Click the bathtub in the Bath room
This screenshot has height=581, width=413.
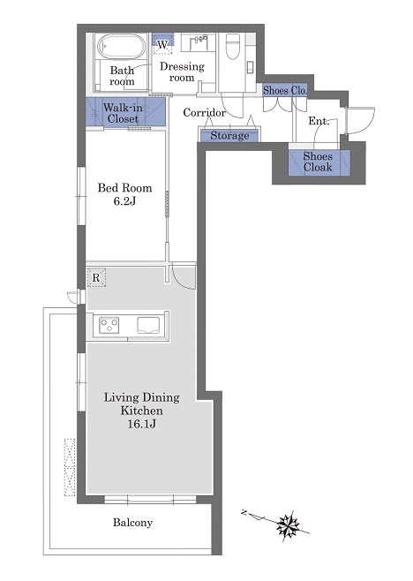121,47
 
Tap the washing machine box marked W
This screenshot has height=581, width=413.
162,45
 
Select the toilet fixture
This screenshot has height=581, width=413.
233,46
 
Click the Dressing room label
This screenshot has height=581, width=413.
182,72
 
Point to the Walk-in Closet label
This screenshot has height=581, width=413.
123,113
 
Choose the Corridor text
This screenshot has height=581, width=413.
204,112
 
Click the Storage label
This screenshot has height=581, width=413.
229,136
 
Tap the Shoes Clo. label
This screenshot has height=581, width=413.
285,90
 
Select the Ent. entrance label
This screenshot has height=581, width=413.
319,121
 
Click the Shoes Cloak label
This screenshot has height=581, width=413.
318,162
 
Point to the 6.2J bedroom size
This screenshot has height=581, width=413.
124,201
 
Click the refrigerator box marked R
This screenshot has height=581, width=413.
96,278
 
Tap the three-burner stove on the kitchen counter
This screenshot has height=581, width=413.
109,325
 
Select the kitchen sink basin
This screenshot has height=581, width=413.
149,325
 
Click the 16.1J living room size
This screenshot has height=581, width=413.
142,424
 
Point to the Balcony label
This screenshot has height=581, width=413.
132,523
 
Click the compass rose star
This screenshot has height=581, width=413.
289,524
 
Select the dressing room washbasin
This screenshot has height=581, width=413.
198,43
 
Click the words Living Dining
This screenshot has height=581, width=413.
142,397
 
